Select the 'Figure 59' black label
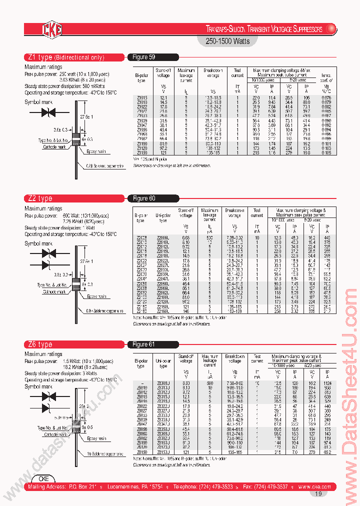[145, 57]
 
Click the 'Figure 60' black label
[145, 198]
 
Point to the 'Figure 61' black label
[145, 344]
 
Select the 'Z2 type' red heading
[39, 198]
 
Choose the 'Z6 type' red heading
[39, 344]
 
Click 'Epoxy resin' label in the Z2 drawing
[97, 296]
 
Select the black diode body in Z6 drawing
[76, 429]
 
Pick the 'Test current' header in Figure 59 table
[237, 73]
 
